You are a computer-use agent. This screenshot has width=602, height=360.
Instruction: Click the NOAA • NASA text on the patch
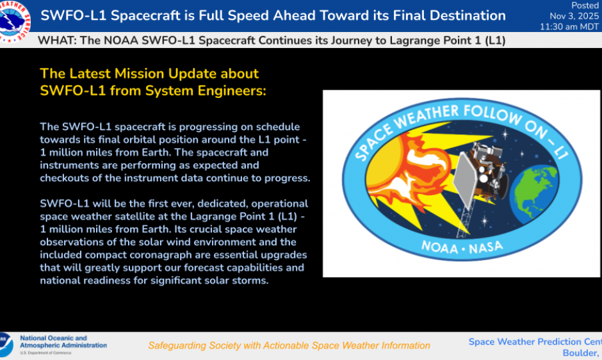click(x=462, y=247)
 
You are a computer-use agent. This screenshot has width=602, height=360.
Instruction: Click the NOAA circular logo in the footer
click(x=5, y=345)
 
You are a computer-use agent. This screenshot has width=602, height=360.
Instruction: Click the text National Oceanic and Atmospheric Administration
click(x=63, y=342)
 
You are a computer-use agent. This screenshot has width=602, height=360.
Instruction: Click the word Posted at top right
click(x=585, y=6)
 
